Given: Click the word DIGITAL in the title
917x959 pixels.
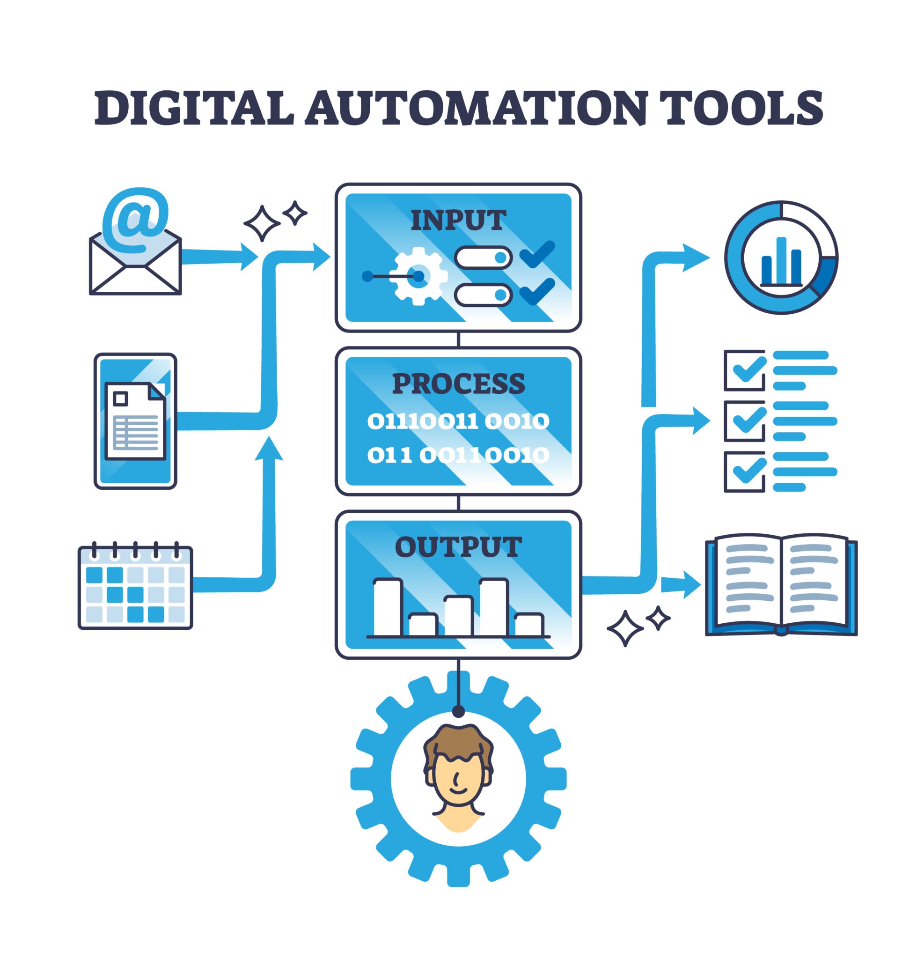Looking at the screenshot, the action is coord(194,107).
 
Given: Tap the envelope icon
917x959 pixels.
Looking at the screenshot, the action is coord(135,260).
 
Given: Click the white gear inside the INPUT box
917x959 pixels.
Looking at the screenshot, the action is coord(418,276).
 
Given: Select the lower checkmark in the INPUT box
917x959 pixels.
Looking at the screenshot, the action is coord(537,291).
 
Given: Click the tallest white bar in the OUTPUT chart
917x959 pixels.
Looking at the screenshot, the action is coord(494,607).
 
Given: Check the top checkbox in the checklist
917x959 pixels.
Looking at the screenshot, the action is coord(744,370).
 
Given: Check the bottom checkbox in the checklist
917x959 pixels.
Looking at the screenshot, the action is coord(744,472).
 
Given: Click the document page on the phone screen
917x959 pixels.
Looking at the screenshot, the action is coord(135,421).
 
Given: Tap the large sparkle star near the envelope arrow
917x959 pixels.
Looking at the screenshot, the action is coord(262,223).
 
